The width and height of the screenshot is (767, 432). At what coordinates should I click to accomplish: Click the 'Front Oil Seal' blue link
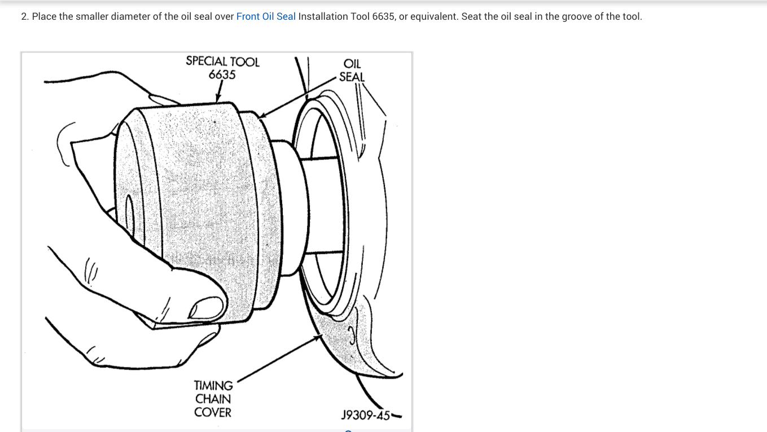coord(266,16)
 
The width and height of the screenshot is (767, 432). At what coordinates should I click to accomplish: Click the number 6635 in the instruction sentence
coord(383,16)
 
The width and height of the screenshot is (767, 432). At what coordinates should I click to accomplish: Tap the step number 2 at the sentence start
coord(24,16)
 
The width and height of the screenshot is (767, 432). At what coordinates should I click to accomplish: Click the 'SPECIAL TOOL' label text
coord(222,62)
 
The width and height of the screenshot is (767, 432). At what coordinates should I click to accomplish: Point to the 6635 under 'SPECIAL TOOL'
coord(222,75)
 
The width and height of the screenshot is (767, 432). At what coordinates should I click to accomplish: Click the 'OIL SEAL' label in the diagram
coord(352,70)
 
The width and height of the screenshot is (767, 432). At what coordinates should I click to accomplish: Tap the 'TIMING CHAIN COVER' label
coord(213,399)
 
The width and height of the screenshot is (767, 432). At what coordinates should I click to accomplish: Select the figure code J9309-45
coord(366,416)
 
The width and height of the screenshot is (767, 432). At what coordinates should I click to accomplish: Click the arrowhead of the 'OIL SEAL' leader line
coord(261,116)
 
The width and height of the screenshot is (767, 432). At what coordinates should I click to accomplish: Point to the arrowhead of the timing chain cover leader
coord(318,337)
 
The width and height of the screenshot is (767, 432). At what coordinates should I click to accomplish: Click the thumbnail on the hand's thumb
coord(201,308)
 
